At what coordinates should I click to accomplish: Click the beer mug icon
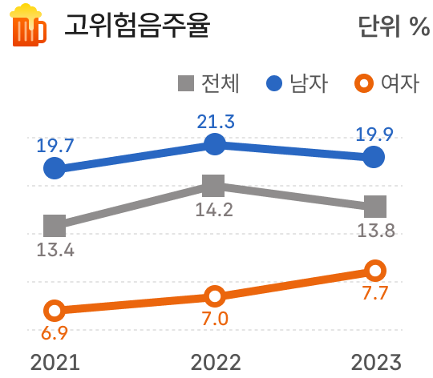click(27, 26)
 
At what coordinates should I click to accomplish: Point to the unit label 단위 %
click(393, 26)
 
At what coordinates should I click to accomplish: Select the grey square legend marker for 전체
click(184, 82)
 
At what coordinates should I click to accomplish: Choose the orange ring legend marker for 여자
click(363, 82)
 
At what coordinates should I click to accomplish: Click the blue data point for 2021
click(55, 168)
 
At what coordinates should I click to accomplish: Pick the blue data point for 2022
click(214, 144)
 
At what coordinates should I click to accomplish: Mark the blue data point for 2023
click(374, 158)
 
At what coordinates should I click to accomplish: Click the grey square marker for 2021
click(55, 226)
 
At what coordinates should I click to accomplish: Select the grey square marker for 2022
click(213, 187)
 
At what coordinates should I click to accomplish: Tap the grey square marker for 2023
click(374, 207)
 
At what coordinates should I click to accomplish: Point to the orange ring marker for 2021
click(55, 311)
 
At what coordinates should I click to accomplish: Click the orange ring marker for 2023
click(374, 270)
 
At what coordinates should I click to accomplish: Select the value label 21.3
click(215, 122)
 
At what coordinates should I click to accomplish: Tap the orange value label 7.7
click(374, 293)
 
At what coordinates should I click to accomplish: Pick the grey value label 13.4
click(55, 249)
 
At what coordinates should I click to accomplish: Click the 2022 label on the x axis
click(215, 361)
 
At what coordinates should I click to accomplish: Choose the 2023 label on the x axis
click(374, 361)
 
